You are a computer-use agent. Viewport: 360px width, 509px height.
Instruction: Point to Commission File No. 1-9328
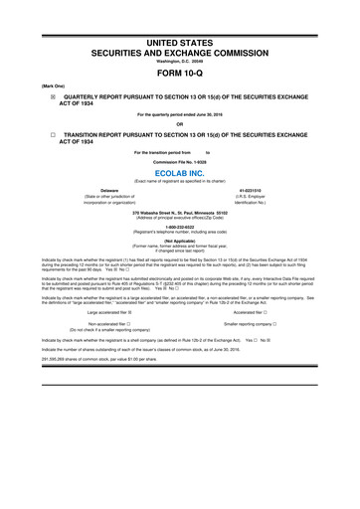[x=180, y=159]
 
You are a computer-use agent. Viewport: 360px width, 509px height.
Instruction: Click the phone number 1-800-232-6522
[x=180, y=226]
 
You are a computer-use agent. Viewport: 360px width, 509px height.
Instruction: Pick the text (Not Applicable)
[x=180, y=241]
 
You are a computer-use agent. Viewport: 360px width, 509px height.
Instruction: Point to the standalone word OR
[x=180, y=123]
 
